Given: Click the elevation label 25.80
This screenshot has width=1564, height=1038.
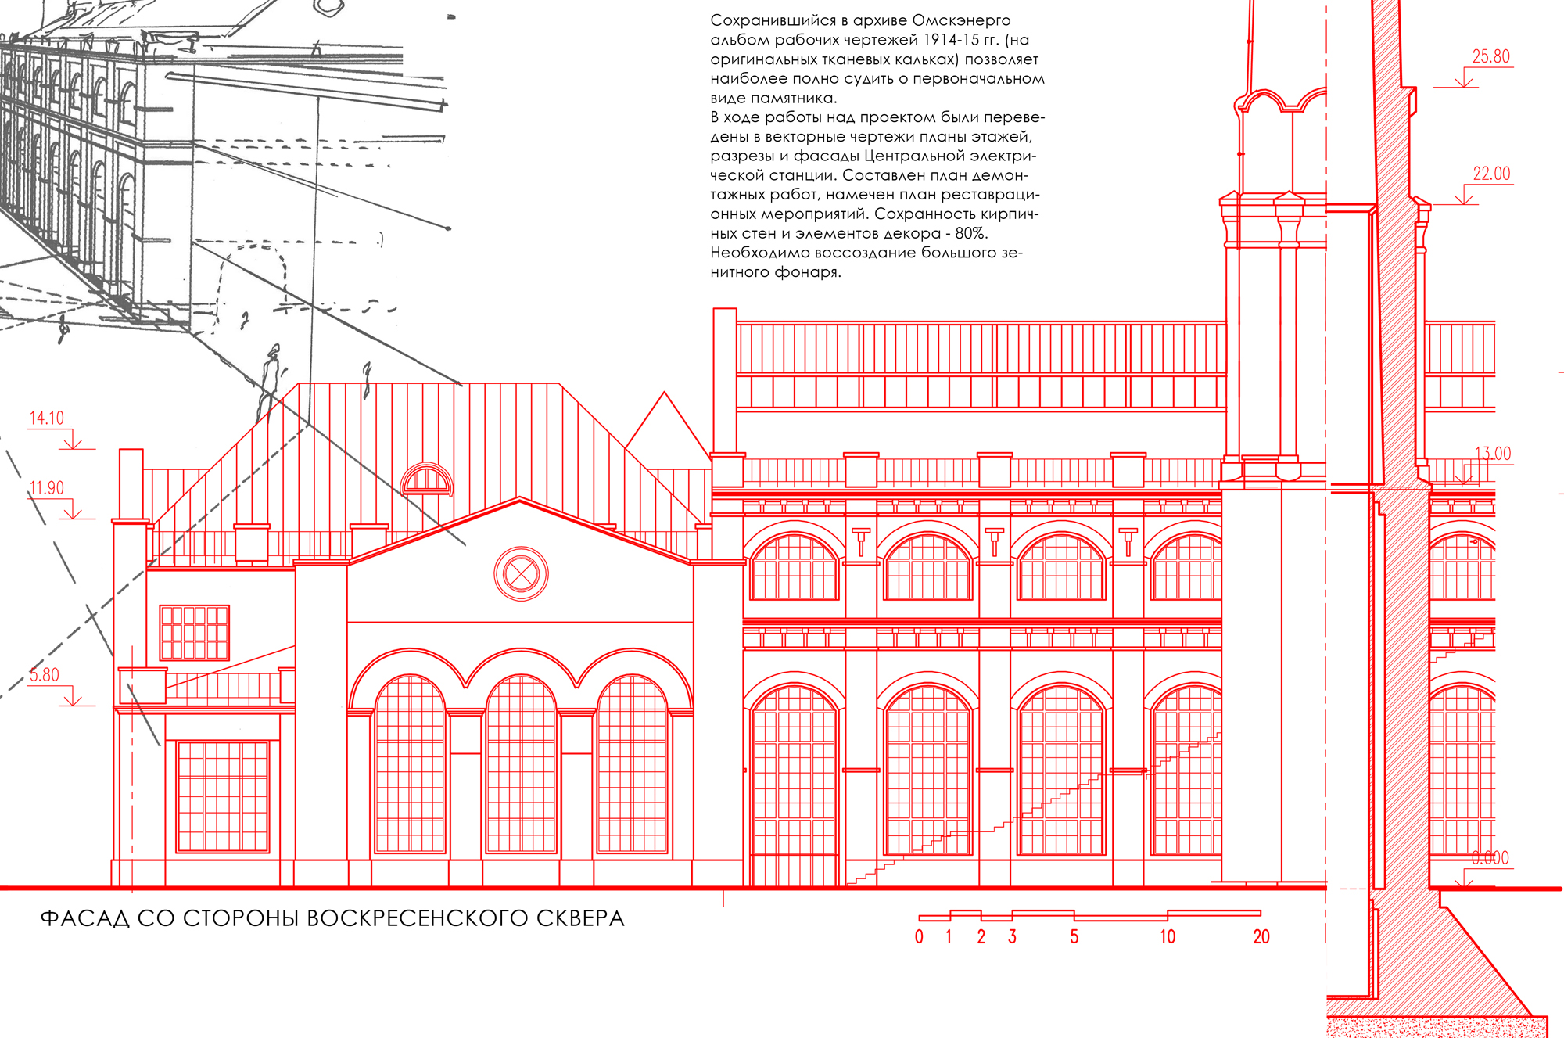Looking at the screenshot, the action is click(1490, 56).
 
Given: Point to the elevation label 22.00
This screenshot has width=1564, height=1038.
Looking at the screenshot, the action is click(1491, 174).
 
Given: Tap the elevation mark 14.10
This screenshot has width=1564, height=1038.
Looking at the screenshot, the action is click(47, 418).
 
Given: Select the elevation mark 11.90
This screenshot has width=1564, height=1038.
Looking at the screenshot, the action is click(47, 488).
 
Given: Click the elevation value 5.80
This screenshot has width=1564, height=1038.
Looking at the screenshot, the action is click(45, 675).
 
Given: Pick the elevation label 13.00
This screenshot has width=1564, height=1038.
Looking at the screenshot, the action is click(1492, 454).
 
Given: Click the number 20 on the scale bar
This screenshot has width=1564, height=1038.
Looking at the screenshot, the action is click(1261, 937).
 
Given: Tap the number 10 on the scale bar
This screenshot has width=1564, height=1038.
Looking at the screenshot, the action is click(1168, 937).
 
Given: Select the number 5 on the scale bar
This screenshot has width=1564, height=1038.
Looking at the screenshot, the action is click(1074, 937).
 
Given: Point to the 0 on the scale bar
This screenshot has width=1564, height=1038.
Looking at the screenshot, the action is click(919, 937).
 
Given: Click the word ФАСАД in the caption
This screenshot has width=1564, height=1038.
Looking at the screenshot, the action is click(84, 918).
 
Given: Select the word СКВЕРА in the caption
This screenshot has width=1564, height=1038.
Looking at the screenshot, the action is click(580, 918).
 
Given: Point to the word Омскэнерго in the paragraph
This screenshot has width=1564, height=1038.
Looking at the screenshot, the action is click(961, 20).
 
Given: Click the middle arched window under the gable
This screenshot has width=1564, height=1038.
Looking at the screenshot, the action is click(521, 764).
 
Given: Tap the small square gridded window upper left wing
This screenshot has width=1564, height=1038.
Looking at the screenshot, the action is click(195, 633).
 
